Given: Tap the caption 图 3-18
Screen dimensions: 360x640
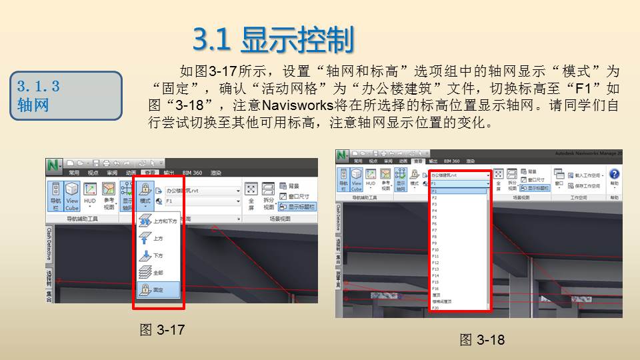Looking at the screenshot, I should click(x=482, y=340).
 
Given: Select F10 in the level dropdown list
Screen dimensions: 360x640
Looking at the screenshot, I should click(x=435, y=249).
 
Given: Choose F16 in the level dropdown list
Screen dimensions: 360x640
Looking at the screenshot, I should click(x=435, y=288).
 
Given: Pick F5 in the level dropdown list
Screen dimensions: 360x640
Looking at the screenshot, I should click(x=434, y=217).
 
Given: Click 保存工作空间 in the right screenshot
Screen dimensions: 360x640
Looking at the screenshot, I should click(x=587, y=186).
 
